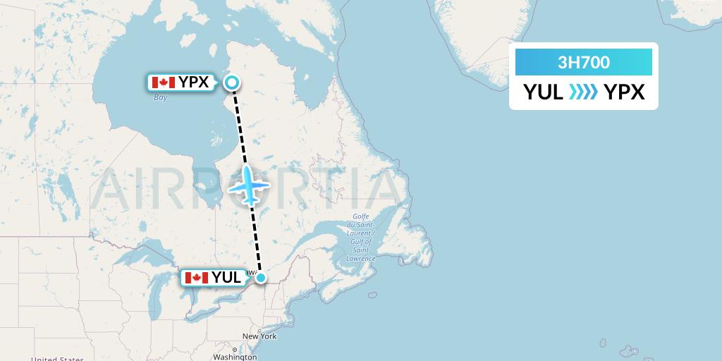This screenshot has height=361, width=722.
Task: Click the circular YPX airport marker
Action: pyautogui.click(x=231, y=83)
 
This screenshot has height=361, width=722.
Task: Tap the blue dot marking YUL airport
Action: pyautogui.click(x=261, y=278)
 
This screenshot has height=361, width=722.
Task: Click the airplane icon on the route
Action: pyautogui.click(x=249, y=185)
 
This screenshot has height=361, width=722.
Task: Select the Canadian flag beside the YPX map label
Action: pyautogui.click(x=163, y=82)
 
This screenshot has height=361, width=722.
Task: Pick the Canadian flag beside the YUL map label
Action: pyautogui.click(x=196, y=278)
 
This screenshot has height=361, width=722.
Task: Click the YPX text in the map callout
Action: pyautogui.click(x=193, y=82)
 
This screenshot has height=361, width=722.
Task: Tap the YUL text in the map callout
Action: pyautogui.click(x=226, y=278)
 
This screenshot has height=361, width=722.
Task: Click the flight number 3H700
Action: pyautogui.click(x=584, y=63)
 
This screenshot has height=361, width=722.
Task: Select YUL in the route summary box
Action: pyautogui.click(x=543, y=92)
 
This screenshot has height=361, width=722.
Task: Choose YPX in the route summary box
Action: pyautogui.click(x=625, y=92)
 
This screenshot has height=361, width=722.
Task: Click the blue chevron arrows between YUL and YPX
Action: pyautogui.click(x=584, y=92)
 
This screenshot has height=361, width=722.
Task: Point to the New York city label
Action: pyautogui.click(x=259, y=336)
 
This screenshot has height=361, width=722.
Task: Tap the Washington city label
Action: pyautogui.click(x=235, y=357)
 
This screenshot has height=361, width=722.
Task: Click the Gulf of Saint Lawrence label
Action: pyautogui.click(x=361, y=238)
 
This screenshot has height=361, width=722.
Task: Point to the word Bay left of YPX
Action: pyautogui.click(x=161, y=97)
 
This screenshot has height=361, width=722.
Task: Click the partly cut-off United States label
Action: pyautogui.click(x=57, y=358)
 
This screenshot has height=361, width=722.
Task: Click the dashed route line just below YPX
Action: pyautogui.click(x=237, y=113)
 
